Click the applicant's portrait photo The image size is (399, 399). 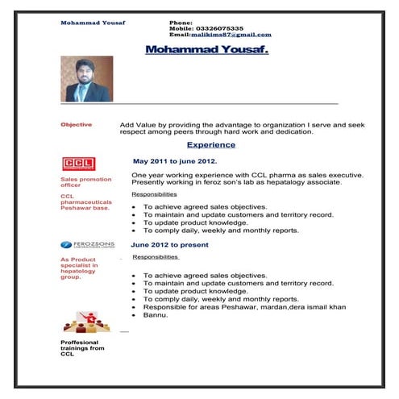click(x=86, y=78)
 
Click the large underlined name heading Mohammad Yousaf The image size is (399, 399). click(x=207, y=50)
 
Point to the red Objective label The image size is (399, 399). click(x=77, y=125)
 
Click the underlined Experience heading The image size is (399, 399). click(x=211, y=145)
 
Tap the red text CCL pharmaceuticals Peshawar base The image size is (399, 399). click(x=84, y=202)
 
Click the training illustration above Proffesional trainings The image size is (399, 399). click(x=85, y=324)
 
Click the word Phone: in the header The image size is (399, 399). click(x=181, y=23)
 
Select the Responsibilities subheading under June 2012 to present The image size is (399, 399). click(x=156, y=257)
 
